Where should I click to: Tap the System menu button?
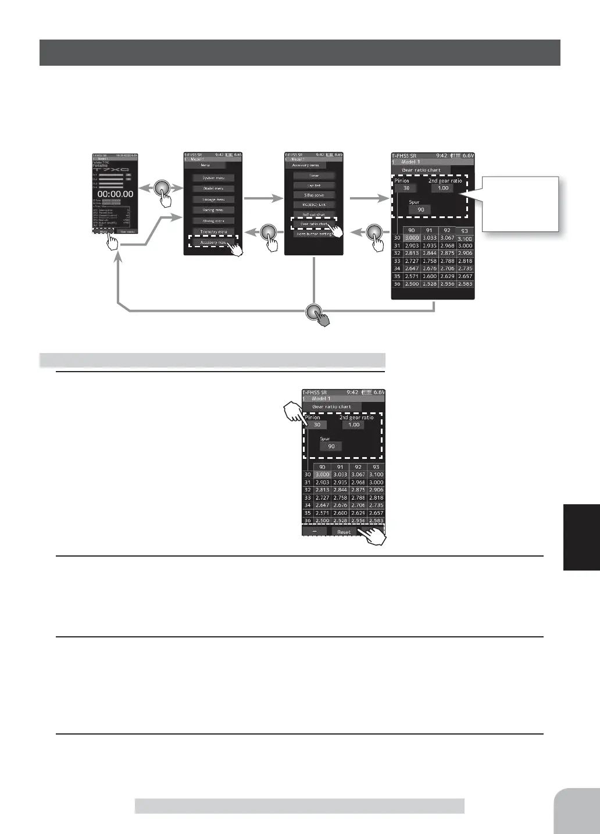(213, 178)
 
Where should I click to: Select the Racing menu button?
(213, 210)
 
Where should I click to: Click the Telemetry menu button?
(213, 231)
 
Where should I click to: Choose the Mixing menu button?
(213, 221)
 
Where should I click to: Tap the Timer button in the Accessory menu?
(314, 175)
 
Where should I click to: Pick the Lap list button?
(314, 185)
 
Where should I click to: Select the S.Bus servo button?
(314, 195)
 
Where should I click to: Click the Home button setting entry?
(314, 234)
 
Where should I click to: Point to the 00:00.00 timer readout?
(115, 194)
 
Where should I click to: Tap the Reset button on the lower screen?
(344, 532)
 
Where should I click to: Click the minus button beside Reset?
(315, 532)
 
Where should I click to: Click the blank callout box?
(521, 204)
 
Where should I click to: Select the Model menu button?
(213, 188)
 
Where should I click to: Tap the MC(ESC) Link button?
(314, 205)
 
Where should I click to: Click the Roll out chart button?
(314, 214)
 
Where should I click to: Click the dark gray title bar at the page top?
(299, 53)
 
